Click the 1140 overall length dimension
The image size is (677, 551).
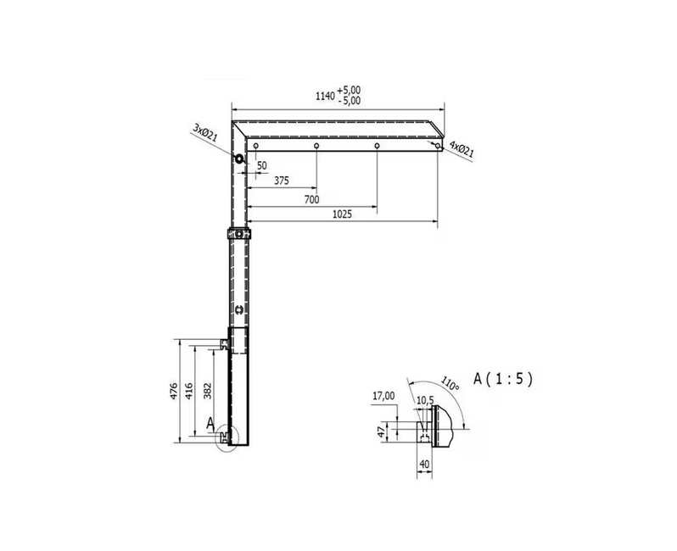pos(325,96)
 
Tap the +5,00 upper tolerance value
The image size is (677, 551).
pos(350,90)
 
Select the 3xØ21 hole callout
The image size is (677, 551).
pos(205,132)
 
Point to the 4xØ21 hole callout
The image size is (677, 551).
pos(462,148)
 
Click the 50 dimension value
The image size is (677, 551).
pos(262,165)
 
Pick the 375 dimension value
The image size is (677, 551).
pos(282,181)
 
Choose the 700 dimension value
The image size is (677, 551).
pos(311,199)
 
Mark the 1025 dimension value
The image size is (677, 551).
pos(342,214)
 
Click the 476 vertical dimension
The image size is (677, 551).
pos(174,391)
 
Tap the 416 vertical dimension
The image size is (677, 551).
pos(188,391)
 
